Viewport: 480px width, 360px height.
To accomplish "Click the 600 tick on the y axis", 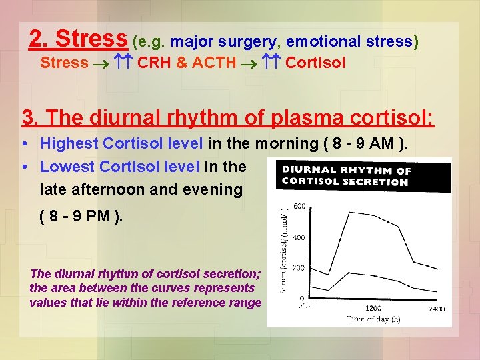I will click(x=299, y=206).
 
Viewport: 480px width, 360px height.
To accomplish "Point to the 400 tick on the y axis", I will click(x=299, y=237).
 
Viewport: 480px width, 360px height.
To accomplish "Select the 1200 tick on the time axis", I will click(x=373, y=309).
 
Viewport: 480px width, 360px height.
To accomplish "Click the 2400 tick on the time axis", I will click(x=436, y=309).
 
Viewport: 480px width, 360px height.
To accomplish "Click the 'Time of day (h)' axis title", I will click(x=373, y=319).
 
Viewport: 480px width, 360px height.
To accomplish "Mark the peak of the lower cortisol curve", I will click(x=344, y=271).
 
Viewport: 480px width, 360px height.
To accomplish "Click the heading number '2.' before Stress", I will click(x=40, y=39).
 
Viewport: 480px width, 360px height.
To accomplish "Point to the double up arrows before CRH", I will click(x=122, y=63).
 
